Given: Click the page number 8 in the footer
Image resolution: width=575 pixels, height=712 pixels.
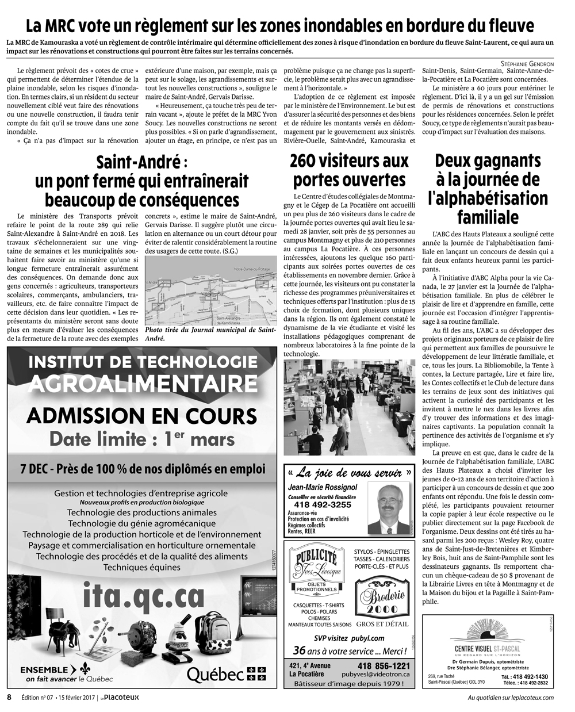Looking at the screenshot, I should [x=9, y=697].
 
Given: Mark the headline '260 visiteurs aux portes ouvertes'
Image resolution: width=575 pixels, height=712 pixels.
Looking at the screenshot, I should [x=349, y=170].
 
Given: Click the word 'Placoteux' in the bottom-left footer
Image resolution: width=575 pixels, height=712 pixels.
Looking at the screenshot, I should [x=121, y=698].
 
